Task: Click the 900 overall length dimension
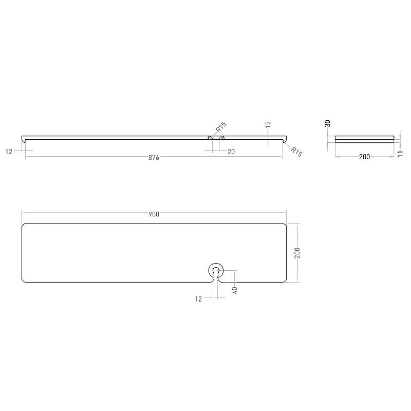[x=154, y=214]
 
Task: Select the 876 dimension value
[x=154, y=157]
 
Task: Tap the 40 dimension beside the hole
[x=235, y=290]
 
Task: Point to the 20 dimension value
[x=231, y=152]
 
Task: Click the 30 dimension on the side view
[x=327, y=123]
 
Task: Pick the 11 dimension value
[x=400, y=154]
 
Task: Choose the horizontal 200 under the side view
[x=364, y=157]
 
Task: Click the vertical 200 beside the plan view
[x=297, y=253]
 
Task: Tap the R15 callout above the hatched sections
[x=221, y=127]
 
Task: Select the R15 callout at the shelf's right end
[x=296, y=152]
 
